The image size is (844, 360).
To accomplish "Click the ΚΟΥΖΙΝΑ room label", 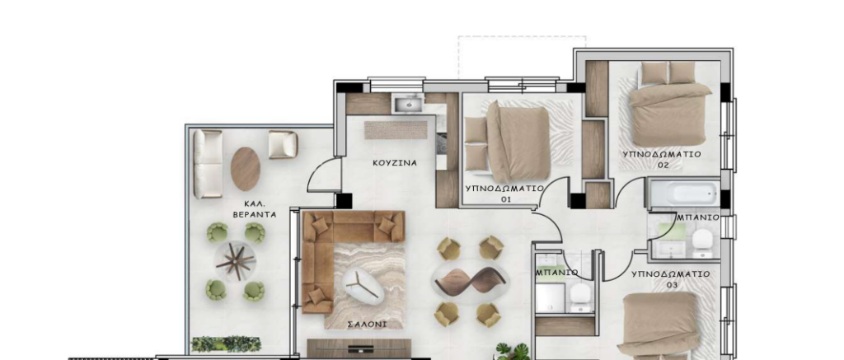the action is (395, 162).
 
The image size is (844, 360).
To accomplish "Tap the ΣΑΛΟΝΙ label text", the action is (367, 325).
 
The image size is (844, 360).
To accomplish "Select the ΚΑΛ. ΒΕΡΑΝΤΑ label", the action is (254, 209).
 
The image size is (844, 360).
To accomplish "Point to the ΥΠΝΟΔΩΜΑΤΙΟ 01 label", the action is (504, 194).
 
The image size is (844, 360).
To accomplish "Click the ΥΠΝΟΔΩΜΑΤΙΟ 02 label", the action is (662, 159).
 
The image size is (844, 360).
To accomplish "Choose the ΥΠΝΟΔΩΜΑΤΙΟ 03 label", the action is (671, 278).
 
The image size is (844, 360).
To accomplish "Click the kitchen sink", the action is (409, 103).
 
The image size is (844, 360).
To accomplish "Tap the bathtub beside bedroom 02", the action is (684, 194).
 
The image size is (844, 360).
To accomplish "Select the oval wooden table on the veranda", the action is (246, 169).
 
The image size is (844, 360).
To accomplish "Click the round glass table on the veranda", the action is (235, 261).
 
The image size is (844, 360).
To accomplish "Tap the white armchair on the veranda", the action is (283, 144).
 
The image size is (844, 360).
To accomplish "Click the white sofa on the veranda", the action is (208, 164).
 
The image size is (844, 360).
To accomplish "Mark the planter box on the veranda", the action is (226, 344).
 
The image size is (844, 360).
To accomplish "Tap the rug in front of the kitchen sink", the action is (396, 129).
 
